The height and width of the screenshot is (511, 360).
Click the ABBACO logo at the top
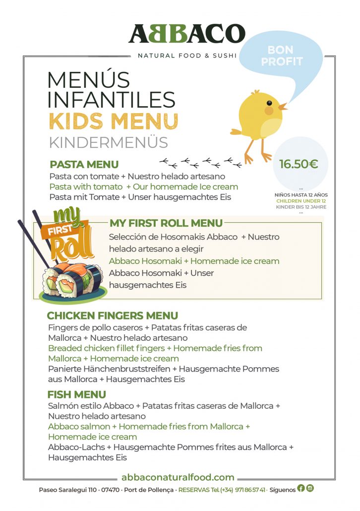(186, 34)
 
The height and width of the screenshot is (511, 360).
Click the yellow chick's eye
(269, 103)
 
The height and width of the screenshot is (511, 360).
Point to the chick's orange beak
(282, 106)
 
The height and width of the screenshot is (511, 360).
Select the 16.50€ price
(299, 164)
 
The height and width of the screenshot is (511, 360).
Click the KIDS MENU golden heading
(113, 121)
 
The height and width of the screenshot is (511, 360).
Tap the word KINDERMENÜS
(108, 142)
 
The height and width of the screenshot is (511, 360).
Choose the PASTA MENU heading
(84, 165)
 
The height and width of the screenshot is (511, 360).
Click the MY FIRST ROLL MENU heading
(166, 223)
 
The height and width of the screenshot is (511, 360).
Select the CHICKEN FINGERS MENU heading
(112, 316)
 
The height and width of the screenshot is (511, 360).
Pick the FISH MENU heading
(77, 394)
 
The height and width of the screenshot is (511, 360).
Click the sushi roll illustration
(72, 281)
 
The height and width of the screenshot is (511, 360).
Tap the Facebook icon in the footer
(301, 488)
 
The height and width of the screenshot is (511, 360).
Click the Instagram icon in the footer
(310, 488)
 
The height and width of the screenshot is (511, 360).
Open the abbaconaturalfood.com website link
(178, 477)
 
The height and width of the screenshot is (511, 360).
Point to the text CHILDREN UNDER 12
(301, 201)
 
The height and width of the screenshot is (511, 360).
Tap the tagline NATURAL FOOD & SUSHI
(187, 56)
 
